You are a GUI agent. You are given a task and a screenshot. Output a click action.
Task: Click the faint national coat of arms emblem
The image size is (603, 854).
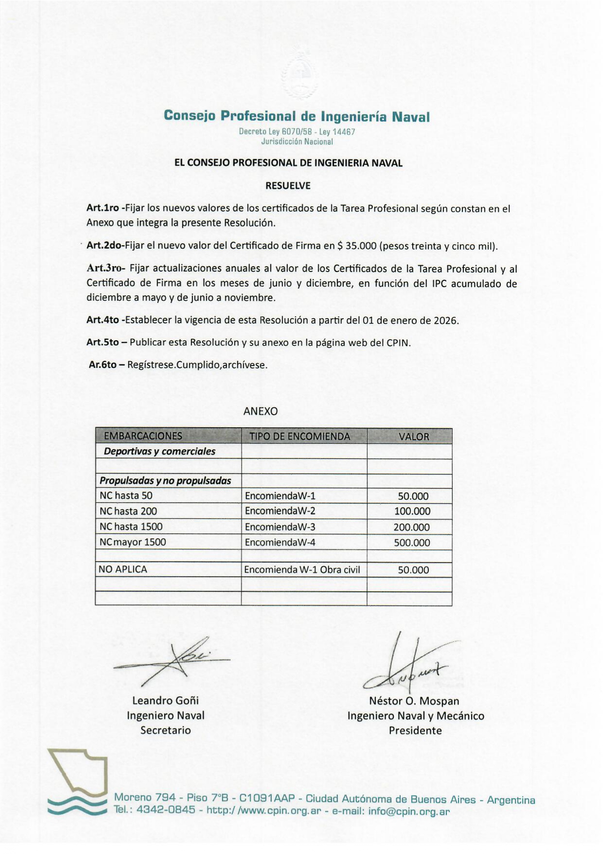[300, 73]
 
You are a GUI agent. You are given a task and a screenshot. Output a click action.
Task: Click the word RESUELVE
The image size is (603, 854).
[288, 185]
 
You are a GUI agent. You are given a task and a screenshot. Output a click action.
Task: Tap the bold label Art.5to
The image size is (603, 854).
[103, 342]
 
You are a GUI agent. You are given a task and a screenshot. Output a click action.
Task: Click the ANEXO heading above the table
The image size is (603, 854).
[261, 411]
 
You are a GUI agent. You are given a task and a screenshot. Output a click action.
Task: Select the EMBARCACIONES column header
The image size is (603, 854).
[143, 436]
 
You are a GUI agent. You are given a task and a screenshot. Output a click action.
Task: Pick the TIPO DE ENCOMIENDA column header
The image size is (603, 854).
[300, 436]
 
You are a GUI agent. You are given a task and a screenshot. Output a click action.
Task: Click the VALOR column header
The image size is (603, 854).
[414, 436]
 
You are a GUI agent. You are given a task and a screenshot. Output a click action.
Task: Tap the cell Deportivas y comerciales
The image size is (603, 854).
[160, 451]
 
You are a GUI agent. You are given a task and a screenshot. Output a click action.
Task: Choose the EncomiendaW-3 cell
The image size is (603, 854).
[280, 527]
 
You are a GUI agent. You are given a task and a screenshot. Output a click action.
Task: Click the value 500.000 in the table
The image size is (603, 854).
[412, 543]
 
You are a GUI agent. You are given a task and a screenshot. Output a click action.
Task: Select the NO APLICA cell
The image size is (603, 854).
[123, 569]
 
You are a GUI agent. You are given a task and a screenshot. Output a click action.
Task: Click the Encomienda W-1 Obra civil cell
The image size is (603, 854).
[302, 569]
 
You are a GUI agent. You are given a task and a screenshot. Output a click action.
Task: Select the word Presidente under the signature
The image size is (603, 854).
[415, 730]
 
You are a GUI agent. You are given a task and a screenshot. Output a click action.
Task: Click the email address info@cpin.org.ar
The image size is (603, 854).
[409, 811]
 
